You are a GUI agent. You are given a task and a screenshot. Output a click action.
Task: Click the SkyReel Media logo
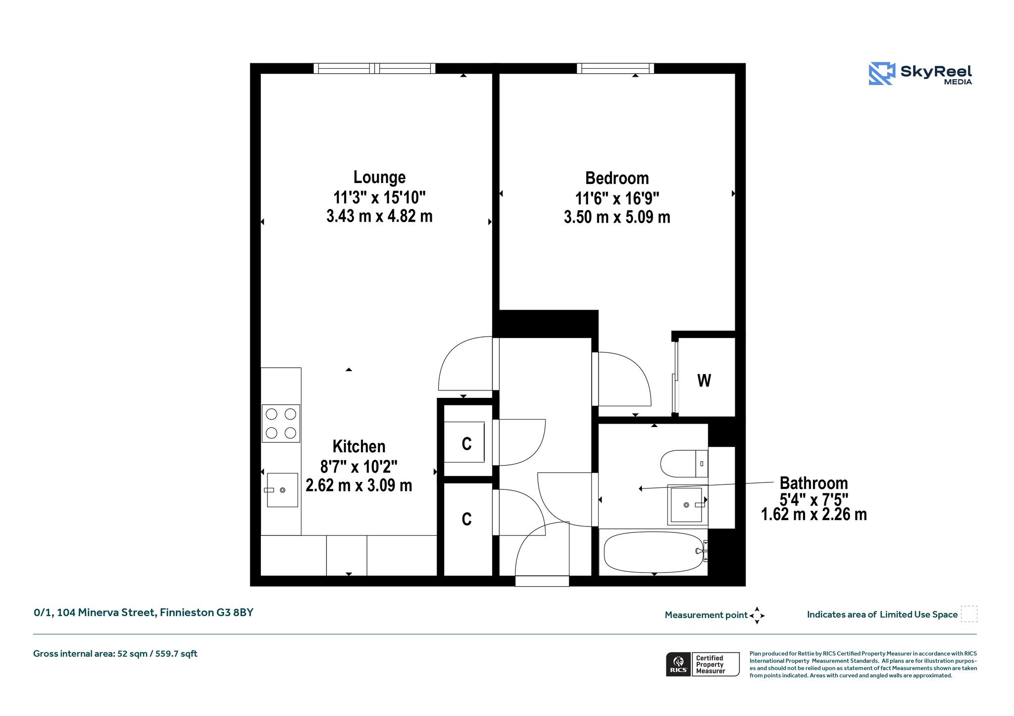(920, 73)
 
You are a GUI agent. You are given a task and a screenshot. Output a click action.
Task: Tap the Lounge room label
(380, 177)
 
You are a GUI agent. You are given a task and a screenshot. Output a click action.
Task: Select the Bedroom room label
(617, 178)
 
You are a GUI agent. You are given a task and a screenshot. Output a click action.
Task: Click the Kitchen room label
(359, 446)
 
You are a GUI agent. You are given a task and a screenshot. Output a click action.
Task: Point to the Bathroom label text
(814, 483)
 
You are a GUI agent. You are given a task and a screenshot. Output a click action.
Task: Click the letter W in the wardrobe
(704, 381)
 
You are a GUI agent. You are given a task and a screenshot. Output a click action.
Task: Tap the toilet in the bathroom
(684, 464)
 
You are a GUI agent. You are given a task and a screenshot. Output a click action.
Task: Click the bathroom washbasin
(687, 505)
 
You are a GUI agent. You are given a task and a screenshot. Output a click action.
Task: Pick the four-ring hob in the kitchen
(281, 423)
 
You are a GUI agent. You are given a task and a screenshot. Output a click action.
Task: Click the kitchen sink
(281, 490)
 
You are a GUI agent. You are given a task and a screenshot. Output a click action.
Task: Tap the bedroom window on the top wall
(615, 68)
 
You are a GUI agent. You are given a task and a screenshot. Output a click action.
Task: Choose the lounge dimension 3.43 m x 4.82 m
(380, 216)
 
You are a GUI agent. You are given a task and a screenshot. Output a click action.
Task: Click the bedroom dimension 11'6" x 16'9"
(617, 198)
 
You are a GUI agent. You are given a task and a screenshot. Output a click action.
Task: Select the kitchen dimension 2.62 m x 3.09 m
(359, 485)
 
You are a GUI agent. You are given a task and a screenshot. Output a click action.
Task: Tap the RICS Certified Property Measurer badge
(703, 664)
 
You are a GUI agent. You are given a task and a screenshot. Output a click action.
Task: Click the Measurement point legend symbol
(757, 616)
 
